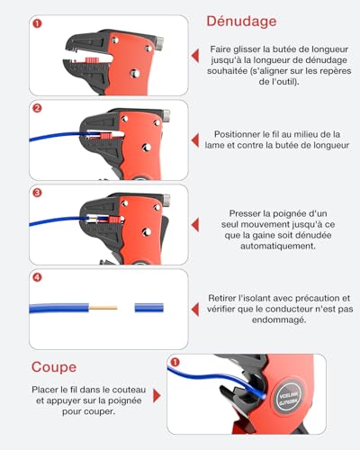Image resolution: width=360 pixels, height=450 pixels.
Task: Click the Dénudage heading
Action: tap(241, 22)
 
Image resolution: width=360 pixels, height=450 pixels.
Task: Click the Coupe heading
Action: tap(54, 367)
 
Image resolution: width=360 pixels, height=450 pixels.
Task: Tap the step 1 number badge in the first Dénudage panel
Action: tap(37, 23)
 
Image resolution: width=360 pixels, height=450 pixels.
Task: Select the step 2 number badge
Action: tap(37, 108)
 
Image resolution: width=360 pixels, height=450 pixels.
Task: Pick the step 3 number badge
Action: tap(37, 193)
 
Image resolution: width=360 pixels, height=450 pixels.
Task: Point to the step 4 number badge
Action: tap(37, 277)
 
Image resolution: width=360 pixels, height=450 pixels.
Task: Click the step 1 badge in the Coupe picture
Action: tap(175, 362)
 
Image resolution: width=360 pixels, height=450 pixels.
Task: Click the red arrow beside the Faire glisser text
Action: tap(195, 56)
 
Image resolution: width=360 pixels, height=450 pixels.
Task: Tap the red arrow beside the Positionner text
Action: tap(195, 140)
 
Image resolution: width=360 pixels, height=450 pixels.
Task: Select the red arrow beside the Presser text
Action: tap(195, 225)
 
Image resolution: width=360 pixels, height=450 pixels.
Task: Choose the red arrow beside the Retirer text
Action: tap(195, 310)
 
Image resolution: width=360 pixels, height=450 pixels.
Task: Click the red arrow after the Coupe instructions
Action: tap(157, 396)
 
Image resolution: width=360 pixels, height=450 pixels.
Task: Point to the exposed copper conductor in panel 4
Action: tap(103, 308)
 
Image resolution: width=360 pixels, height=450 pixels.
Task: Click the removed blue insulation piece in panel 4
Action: tap(149, 308)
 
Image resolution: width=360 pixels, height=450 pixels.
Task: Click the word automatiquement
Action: tap(278, 247)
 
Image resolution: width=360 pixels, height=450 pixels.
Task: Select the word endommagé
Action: tap(279, 320)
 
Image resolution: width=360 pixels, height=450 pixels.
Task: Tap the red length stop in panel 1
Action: tap(94, 59)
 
